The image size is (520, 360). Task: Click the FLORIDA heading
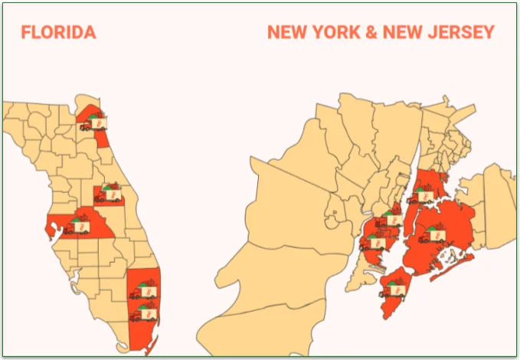point(58,33)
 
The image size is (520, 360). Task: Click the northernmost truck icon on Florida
point(94,122)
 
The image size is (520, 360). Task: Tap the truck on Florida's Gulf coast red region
point(77,225)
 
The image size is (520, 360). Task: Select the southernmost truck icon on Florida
point(143,313)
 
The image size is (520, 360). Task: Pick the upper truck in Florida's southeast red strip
point(144,291)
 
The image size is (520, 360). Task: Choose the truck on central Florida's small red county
point(109,195)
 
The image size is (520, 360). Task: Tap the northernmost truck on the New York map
point(424,194)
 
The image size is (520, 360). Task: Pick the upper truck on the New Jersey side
point(391,218)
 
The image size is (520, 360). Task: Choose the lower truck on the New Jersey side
point(374,243)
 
